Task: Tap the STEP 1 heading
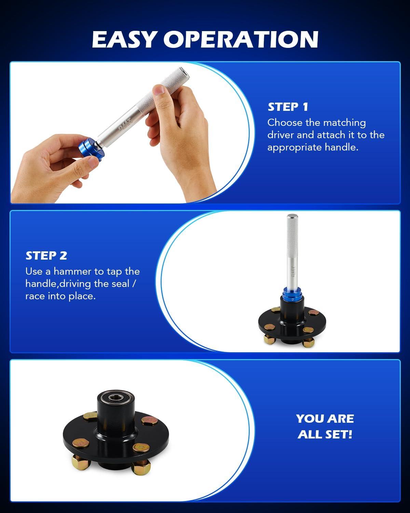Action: [288, 107]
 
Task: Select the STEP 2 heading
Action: [46, 255]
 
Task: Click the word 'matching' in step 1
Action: [344, 123]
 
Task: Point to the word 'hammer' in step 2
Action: [72, 272]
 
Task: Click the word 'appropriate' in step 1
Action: [295, 148]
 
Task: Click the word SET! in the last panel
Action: [339, 434]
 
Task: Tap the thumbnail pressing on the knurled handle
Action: [159, 90]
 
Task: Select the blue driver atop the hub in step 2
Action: [292, 296]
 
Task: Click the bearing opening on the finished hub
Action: [116, 398]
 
